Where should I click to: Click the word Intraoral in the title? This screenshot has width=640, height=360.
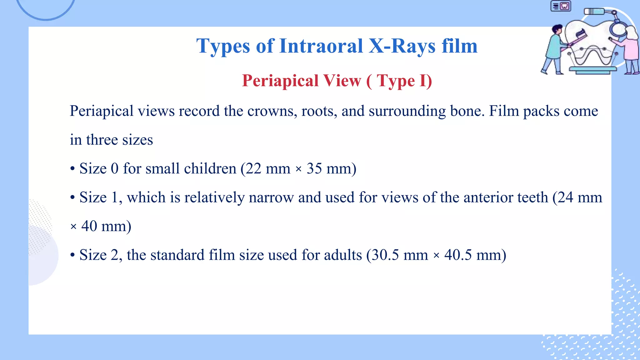coord(321,46)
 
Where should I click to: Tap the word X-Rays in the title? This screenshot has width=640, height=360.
coord(402,46)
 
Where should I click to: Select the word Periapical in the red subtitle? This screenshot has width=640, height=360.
coord(280,81)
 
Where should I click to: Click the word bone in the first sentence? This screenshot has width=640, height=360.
coord(467,111)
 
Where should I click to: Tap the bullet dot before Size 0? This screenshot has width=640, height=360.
coord(72,169)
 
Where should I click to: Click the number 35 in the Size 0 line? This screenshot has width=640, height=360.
coord(314,169)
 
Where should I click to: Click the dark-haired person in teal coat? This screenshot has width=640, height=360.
coord(554,50)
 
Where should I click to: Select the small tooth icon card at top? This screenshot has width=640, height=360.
coord(561,6)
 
